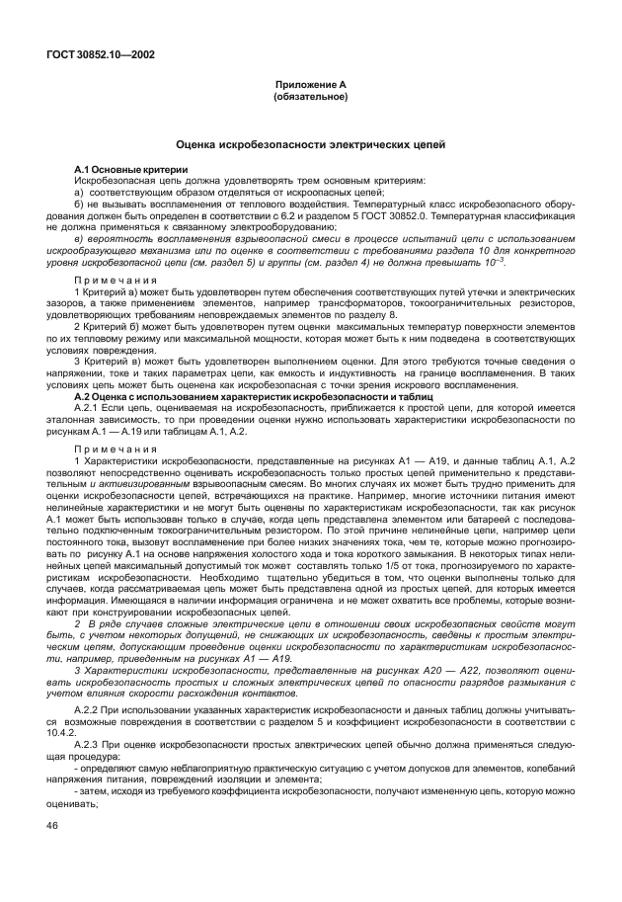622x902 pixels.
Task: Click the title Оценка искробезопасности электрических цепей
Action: click(x=309, y=144)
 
